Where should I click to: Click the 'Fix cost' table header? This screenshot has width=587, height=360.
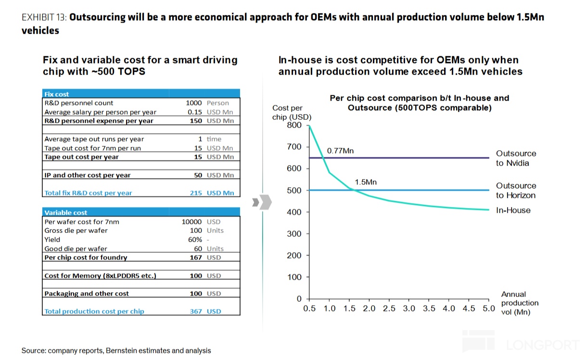coord(57,94)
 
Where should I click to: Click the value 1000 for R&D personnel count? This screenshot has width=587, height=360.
coord(193,103)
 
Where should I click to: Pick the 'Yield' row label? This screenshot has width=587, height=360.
coord(52,240)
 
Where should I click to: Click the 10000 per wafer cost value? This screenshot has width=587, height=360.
coord(191,222)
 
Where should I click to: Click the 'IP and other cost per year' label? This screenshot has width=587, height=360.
coord(88,175)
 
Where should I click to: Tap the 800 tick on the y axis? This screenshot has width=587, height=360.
coord(294,125)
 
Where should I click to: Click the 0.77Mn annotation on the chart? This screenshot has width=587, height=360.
coord(340,151)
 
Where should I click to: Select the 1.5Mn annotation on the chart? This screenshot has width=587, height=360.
coord(366,182)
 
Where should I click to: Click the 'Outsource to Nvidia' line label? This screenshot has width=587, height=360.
coord(516,158)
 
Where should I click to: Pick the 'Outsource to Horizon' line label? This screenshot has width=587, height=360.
coord(516,191)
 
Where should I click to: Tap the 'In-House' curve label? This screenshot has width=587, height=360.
coord(513,210)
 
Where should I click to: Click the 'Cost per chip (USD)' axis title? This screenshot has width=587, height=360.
coord(291,113)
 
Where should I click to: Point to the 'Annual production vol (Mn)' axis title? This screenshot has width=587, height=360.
coord(519,303)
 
